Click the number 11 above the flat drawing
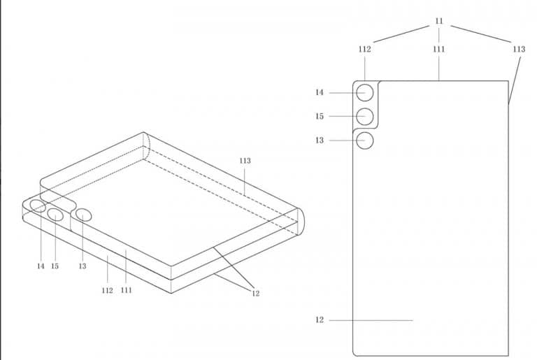pyautogui.click(x=439, y=21)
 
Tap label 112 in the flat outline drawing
pyautogui.click(x=365, y=50)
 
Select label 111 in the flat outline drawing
pyautogui.click(x=439, y=50)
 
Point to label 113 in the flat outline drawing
pyautogui.click(x=519, y=50)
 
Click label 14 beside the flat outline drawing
pyautogui.click(x=319, y=92)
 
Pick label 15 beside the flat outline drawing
pyautogui.click(x=319, y=117)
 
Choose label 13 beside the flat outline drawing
pyautogui.click(x=319, y=141)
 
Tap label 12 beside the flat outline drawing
pyautogui.click(x=319, y=320)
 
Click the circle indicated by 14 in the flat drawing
pyautogui.click(x=364, y=92)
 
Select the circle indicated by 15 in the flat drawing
pyautogui.click(x=364, y=117)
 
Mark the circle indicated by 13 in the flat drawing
pyautogui.click(x=364, y=141)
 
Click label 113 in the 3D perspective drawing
pyautogui.click(x=245, y=161)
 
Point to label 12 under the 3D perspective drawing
pyautogui.click(x=255, y=293)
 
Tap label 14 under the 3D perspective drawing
pyautogui.click(x=41, y=266)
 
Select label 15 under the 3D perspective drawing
pyautogui.click(x=55, y=266)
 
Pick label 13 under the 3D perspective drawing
pyautogui.click(x=83, y=266)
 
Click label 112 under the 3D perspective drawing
pyautogui.click(x=107, y=291)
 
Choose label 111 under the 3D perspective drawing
pyautogui.click(x=127, y=291)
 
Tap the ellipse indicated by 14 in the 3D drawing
pyautogui.click(x=38, y=206)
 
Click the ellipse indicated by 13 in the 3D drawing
pyautogui.click(x=84, y=215)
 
